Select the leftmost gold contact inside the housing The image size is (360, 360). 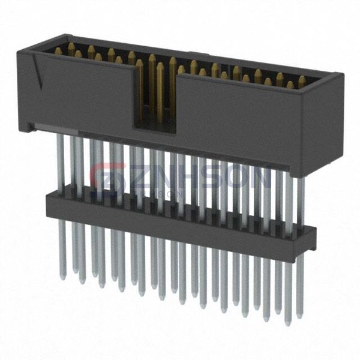[x=58, y=51]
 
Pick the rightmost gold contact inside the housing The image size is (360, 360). [x=301, y=80]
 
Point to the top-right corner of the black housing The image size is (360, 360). [x=341, y=76]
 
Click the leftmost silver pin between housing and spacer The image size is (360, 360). [x=61, y=162]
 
